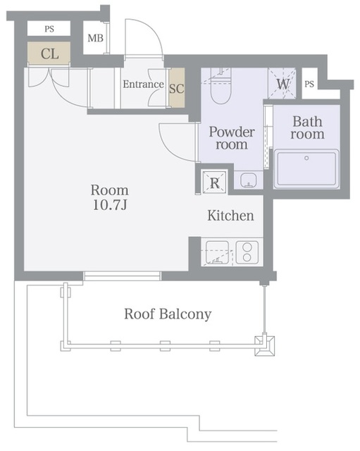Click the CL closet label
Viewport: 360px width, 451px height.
click(50, 54)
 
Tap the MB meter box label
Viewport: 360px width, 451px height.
click(96, 38)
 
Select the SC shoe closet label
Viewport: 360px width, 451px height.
click(177, 88)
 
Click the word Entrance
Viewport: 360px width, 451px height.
click(143, 84)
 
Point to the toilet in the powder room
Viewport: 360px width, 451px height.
click(221, 86)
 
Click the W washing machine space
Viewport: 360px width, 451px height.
click(282, 83)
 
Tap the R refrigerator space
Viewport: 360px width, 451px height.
click(214, 183)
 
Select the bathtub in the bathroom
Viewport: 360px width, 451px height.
click(306, 169)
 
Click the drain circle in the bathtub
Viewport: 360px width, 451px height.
click(306, 158)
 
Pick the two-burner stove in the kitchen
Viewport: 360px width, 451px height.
click(247, 252)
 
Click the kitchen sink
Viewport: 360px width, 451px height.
click(218, 253)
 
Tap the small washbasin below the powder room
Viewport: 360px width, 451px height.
click(248, 180)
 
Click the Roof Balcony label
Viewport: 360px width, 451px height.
click(168, 314)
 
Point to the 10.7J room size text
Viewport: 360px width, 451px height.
click(110, 205)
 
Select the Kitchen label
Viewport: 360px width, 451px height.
click(230, 216)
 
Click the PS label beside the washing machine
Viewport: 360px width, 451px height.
click(309, 84)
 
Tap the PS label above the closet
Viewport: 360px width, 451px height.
click(49, 29)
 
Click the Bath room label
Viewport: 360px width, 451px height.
click(307, 128)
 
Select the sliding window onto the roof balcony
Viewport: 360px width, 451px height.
click(122, 276)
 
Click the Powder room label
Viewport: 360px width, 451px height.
click(232, 138)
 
